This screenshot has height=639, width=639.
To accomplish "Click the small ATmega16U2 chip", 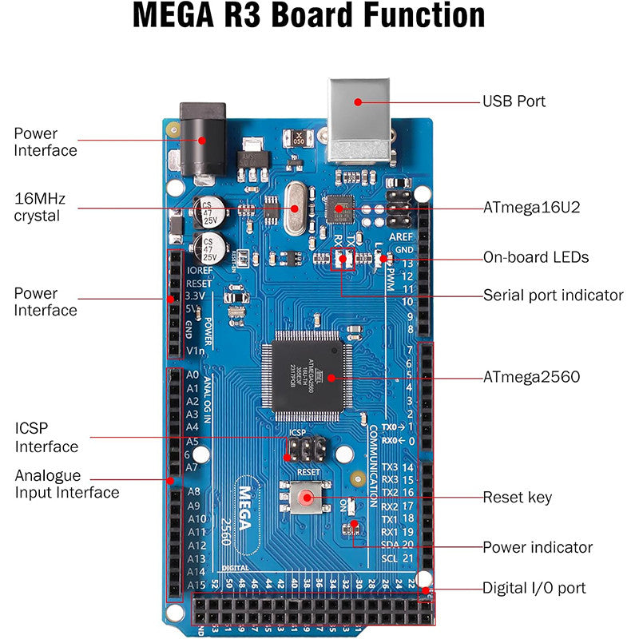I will coord(340,209).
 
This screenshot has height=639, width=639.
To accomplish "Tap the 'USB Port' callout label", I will coord(514,101).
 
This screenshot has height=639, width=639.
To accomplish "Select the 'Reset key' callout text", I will coord(517,498).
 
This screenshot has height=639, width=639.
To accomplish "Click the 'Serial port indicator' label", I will coord(553,295).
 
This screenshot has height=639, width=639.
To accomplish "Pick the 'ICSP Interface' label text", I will coord(46,437).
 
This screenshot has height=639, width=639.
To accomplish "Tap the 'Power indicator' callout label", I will coord(538,547).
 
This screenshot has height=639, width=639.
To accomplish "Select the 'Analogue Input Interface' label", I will coord(66,484).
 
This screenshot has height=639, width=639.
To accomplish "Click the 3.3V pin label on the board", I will coord(196,296).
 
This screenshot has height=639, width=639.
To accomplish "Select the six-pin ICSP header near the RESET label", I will coord(304,450).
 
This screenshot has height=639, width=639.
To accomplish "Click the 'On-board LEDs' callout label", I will coord(536,257).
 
